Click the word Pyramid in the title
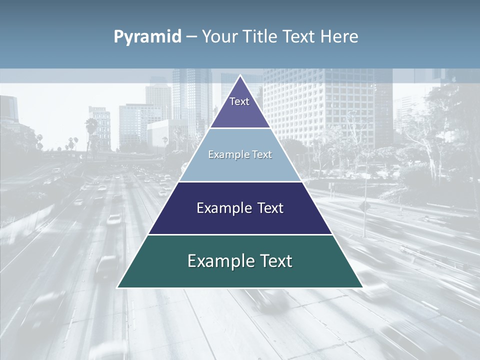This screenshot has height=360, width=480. tap(147, 37)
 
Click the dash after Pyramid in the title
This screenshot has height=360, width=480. tap(191, 37)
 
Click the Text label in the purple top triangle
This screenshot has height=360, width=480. tap(239, 101)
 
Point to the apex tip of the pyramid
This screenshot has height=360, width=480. tap(240, 76)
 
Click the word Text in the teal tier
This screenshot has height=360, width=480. tap(275, 261)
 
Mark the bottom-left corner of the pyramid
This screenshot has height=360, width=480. tap(118, 287)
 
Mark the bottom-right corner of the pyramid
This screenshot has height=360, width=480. tap(362, 287)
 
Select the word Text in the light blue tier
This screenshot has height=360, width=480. tap(261, 154)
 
